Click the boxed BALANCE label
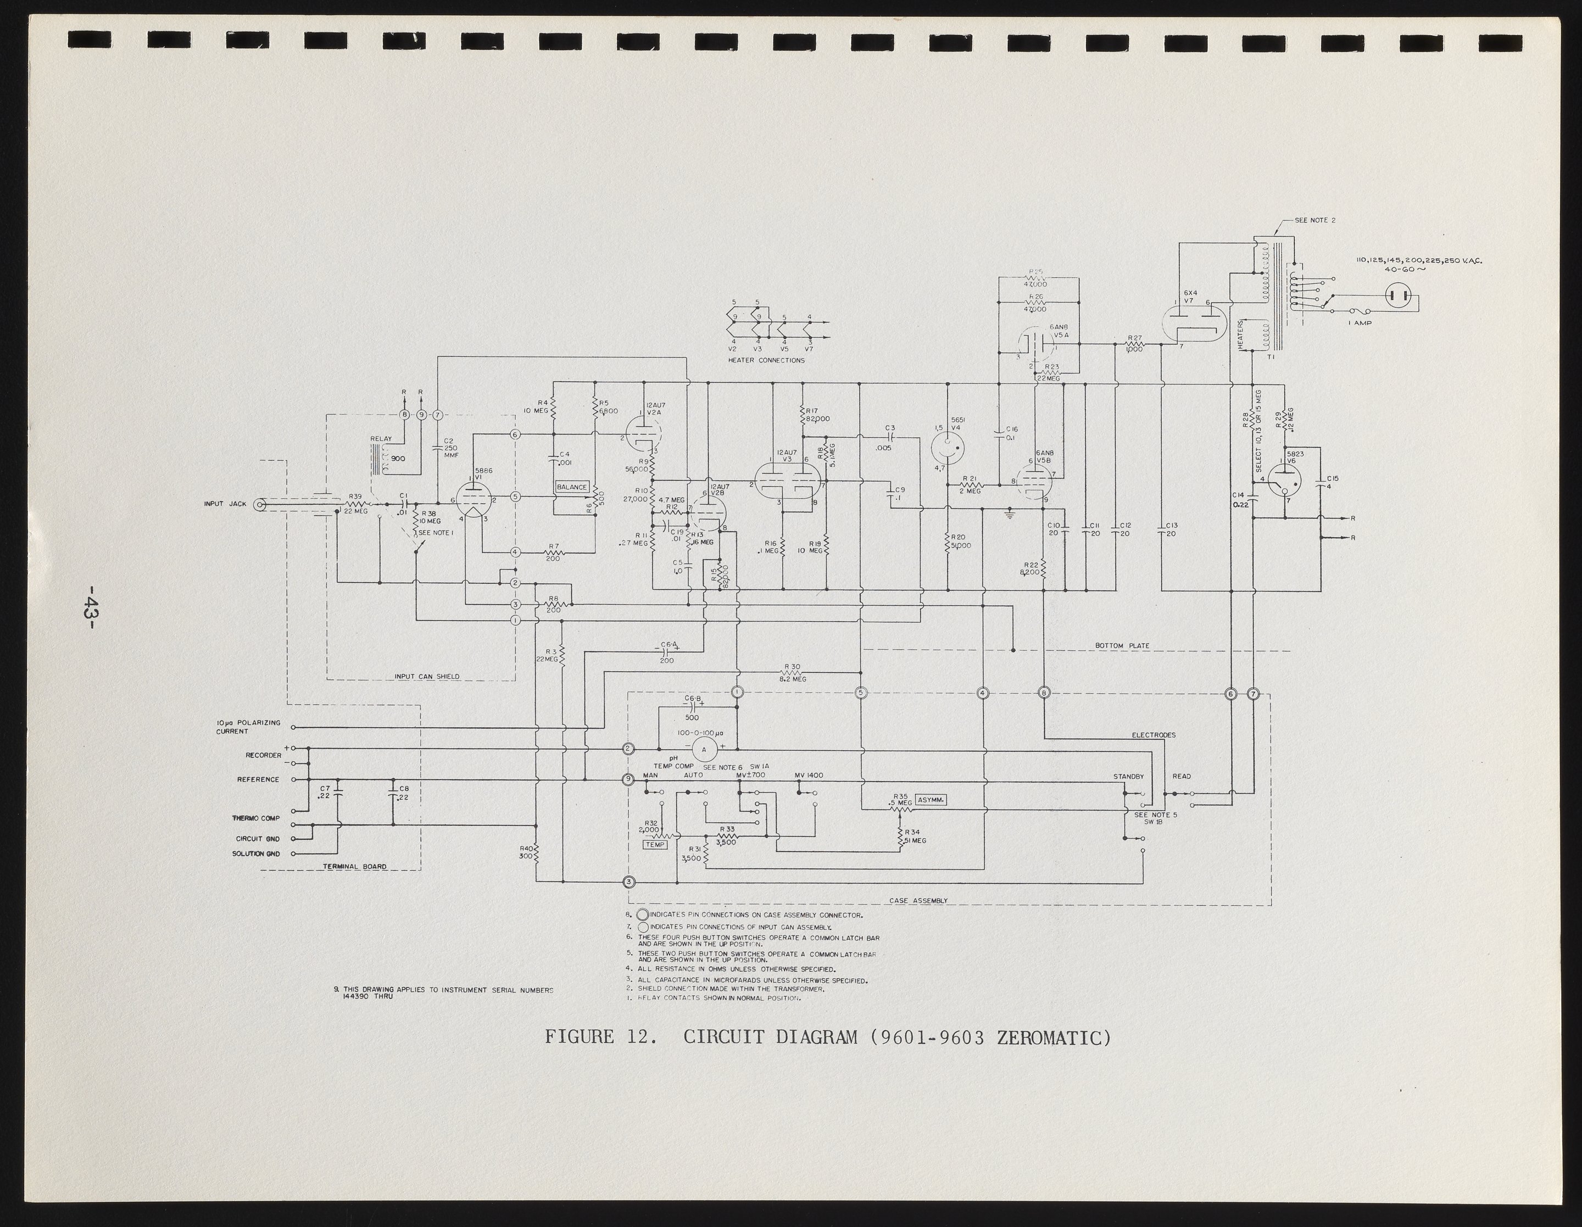click(571, 487)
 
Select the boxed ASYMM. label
click(931, 800)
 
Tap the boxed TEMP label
click(655, 845)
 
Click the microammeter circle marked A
click(703, 750)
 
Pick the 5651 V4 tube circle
click(947, 448)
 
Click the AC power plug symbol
click(1400, 295)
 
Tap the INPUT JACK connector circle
click(259, 505)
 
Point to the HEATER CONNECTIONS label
click(766, 360)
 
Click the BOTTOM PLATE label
click(1122, 645)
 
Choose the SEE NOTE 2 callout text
click(1314, 220)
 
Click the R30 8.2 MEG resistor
click(793, 673)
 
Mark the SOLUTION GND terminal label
click(255, 854)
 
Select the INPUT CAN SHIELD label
click(427, 677)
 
